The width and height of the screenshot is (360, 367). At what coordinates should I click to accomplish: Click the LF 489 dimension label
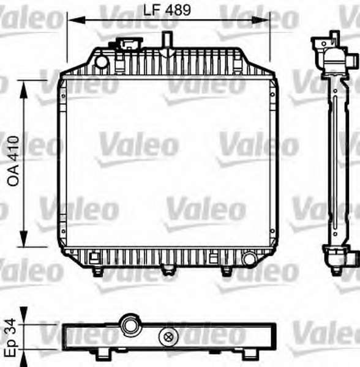pyautogui.click(x=167, y=10)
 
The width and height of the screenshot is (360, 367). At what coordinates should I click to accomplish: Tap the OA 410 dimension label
pyautogui.click(x=13, y=161)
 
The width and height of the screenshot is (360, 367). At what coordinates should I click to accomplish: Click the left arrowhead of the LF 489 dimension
pyautogui.click(x=77, y=20)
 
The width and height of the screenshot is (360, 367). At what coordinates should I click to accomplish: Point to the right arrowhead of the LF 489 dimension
pyautogui.click(x=260, y=20)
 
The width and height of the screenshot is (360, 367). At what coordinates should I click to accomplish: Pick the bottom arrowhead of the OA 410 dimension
pyautogui.click(x=23, y=238)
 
